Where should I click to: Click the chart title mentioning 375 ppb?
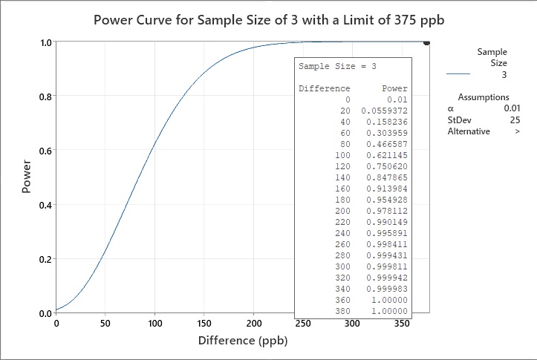point(268,19)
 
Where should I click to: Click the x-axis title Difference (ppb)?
point(242,341)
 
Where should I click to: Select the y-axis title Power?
point(27,178)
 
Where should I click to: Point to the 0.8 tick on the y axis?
point(45,96)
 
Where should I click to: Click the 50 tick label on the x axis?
point(105,324)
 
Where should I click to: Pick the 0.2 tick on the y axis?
point(45,258)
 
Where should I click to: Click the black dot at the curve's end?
point(426,43)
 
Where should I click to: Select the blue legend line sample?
point(459,74)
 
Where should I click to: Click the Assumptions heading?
point(484,97)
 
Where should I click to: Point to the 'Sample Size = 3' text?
point(337,67)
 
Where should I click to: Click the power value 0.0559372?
point(384,110)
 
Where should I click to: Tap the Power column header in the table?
point(394,88)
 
